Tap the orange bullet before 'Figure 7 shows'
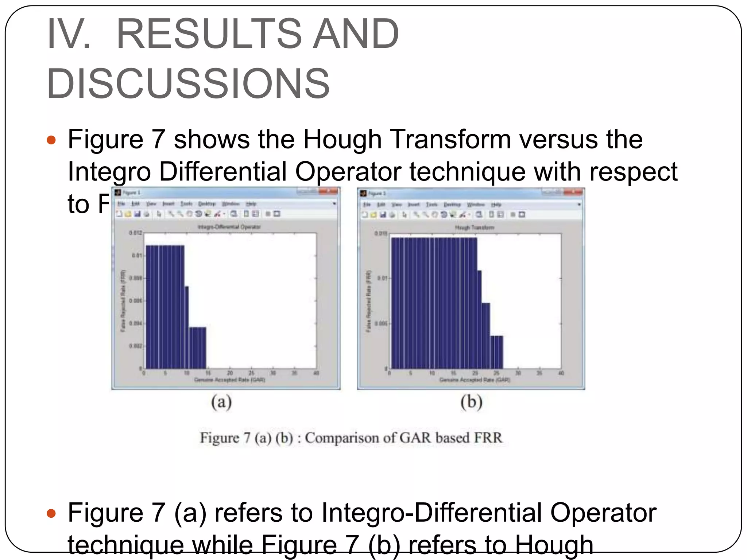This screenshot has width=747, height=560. point(51,140)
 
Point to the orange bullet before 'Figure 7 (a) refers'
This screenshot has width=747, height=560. point(51,513)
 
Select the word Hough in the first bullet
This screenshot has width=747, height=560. point(342,140)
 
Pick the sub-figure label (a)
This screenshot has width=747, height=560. point(221,402)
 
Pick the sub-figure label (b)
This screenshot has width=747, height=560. point(471,402)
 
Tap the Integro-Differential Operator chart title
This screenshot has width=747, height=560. point(229,227)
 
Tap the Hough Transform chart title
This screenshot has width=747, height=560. point(474,227)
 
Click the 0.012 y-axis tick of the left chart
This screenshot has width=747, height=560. point(135,233)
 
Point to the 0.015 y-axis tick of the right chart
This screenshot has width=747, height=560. point(381,233)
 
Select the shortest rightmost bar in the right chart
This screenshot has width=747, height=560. point(496,352)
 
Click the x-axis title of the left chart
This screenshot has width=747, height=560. point(229,380)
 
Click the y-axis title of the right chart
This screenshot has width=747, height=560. point(368,301)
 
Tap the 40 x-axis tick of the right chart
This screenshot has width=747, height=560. point(561,373)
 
